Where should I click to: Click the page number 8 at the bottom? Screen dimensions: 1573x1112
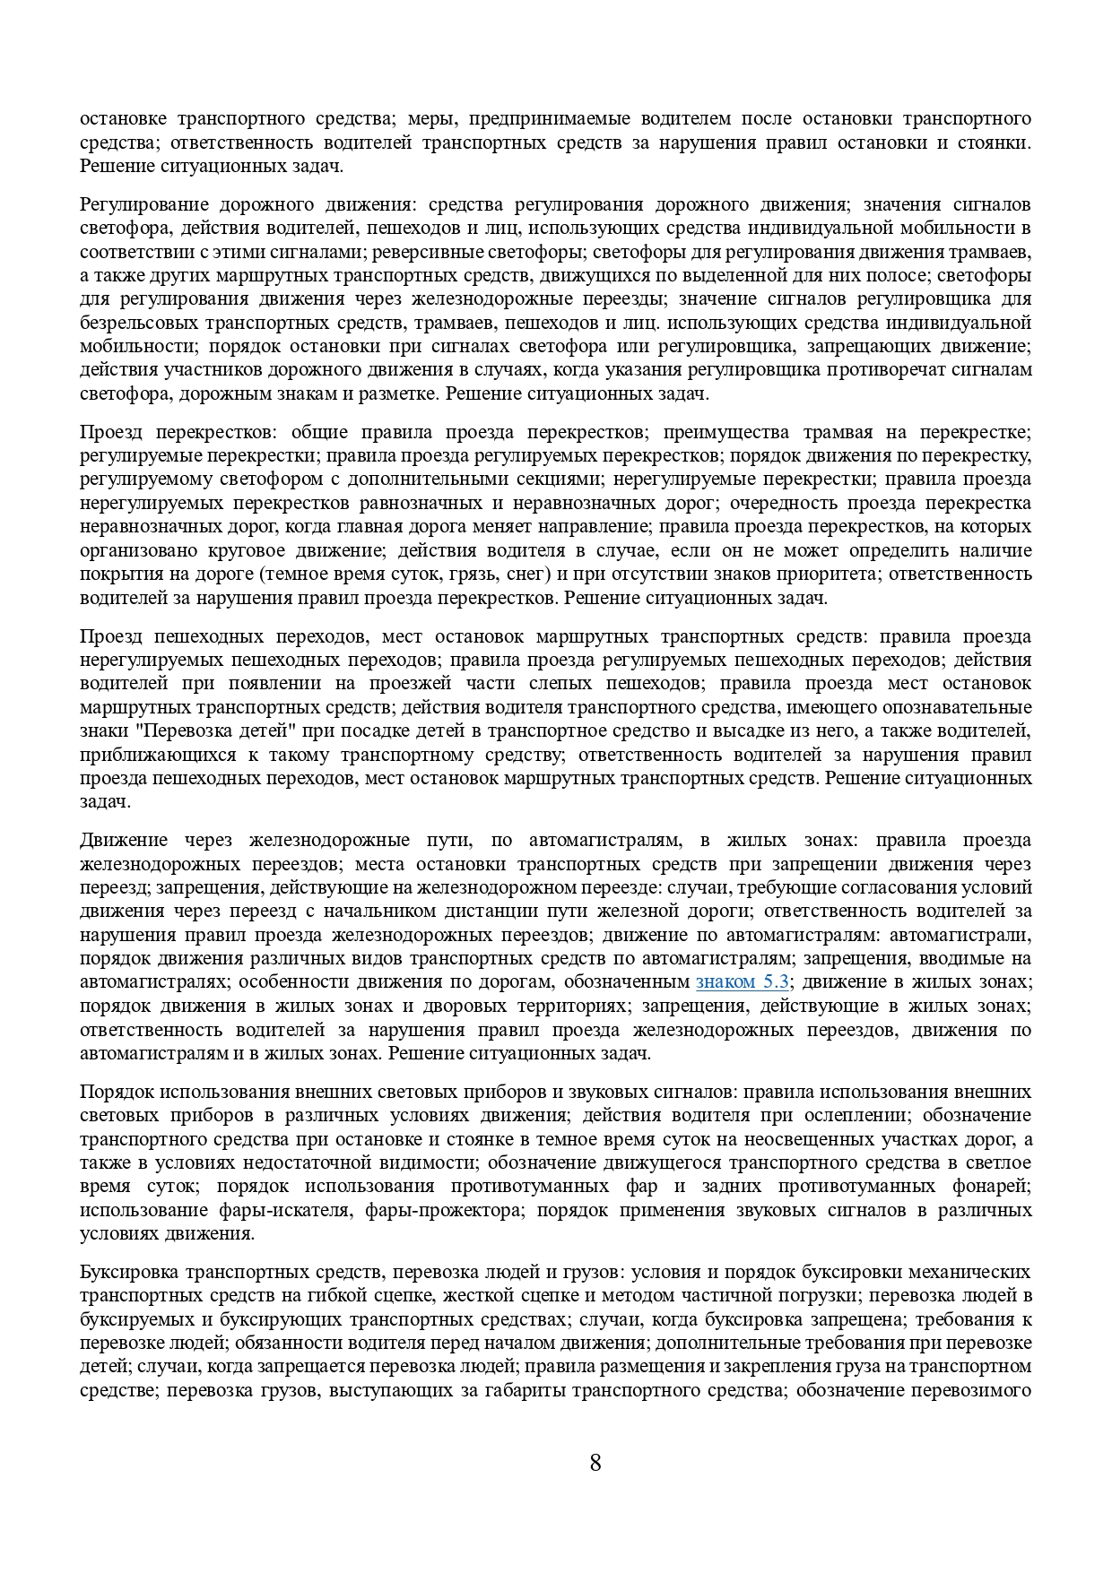595,1464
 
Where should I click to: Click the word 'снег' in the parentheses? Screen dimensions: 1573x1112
474,574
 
